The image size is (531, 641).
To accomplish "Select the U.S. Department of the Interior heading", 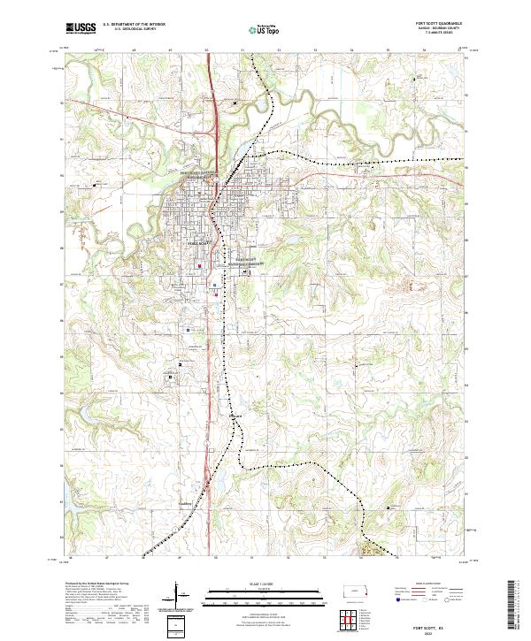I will pyautogui.click(x=134, y=25).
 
